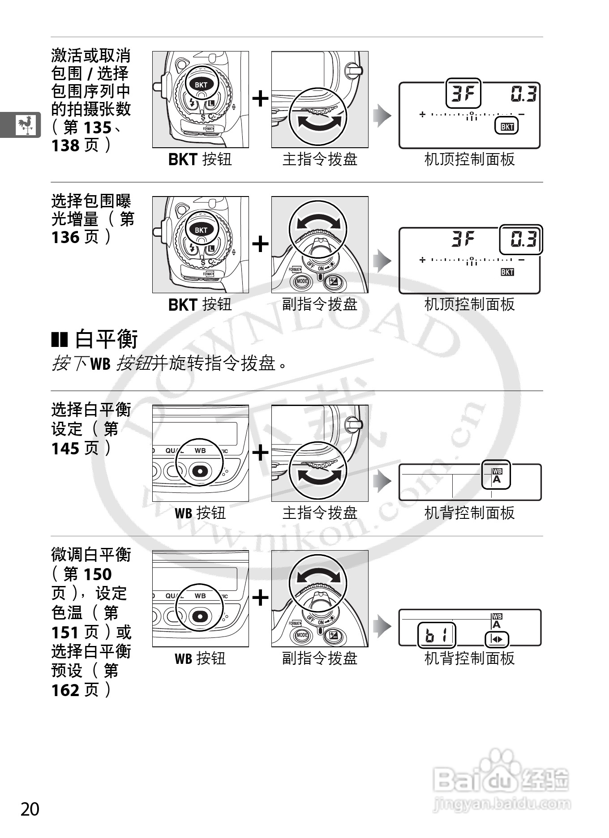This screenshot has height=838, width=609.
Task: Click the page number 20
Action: coord(30,809)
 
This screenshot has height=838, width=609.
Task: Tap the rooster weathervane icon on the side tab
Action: coord(25,125)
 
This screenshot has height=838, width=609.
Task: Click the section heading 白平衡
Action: coord(106,339)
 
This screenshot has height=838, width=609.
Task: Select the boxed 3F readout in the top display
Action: coord(463,94)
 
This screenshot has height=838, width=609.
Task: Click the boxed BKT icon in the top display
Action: coord(506,127)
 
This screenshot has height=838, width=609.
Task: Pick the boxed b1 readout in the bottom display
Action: coord(436,636)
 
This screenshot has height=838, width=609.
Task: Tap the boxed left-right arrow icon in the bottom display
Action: coord(497,639)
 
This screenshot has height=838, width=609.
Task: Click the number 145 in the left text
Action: coord(65,448)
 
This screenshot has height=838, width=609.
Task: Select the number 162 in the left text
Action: coord(65,690)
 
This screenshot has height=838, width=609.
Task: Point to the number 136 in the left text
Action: coord(65,237)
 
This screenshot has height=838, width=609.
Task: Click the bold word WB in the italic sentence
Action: coord(100,364)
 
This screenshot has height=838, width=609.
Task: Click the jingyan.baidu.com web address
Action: coord(502,804)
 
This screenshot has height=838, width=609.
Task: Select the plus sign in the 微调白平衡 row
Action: coord(260,598)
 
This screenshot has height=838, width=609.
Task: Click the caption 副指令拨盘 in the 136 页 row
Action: coord(320,304)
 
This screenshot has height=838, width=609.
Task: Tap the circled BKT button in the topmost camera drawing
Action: coord(201,85)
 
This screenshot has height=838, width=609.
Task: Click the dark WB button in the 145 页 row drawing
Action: coord(200,470)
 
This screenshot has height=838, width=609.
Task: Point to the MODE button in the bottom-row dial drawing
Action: coord(302,635)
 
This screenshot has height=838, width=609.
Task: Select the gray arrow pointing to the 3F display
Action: coord(382,115)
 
